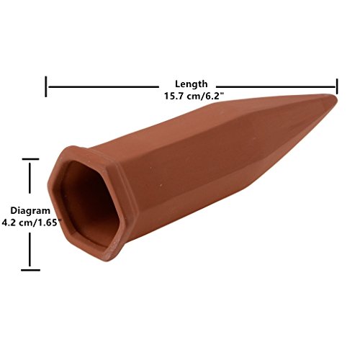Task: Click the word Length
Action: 191,84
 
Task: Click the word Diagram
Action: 30,210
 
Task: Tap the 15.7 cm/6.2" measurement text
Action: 194,96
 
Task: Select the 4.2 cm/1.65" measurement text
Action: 30,222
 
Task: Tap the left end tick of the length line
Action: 46,86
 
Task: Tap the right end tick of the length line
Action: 337,86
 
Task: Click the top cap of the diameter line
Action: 30,159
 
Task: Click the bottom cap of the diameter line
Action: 30,270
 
